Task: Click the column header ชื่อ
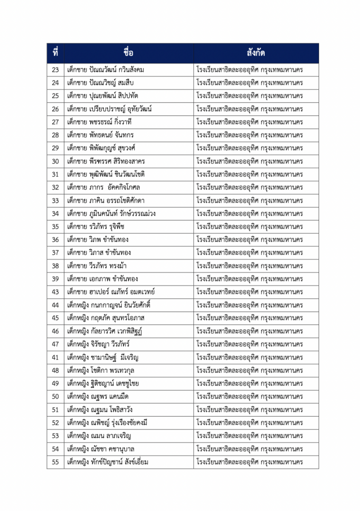pyautogui.click(x=129, y=53)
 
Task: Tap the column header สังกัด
pyautogui.click(x=256, y=53)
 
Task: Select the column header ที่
pyautogui.click(x=55, y=53)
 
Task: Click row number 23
pyautogui.click(x=55, y=70)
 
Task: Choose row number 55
pyautogui.click(x=55, y=462)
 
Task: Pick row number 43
pyautogui.click(x=55, y=292)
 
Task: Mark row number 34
pyautogui.click(x=55, y=214)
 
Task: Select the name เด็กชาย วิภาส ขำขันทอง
pyautogui.click(x=99, y=253)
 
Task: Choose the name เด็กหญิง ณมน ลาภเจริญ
pyautogui.click(x=99, y=436)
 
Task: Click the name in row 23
pyautogui.click(x=105, y=70)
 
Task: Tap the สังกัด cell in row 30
pyautogui.click(x=250, y=161)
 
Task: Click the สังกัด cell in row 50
pyautogui.click(x=250, y=396)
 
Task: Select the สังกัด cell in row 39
pyautogui.click(x=250, y=279)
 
